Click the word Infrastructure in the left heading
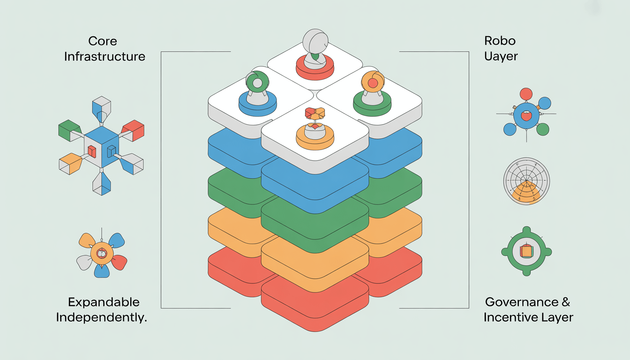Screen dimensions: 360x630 [105, 57]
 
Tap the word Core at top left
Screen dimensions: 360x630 [103, 41]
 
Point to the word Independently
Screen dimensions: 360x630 [102, 317]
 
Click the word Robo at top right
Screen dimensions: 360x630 [499, 41]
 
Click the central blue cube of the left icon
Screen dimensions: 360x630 [102, 146]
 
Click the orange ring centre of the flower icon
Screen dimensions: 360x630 [102, 254]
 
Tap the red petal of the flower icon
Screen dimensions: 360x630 [120, 262]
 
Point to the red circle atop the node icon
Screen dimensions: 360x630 [526, 94]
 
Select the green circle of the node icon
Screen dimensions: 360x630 [542, 129]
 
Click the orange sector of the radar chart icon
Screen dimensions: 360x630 [526, 194]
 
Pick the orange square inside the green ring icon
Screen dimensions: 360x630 [526, 252]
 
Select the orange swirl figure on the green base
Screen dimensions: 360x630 [373, 82]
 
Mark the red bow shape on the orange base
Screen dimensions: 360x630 [315, 114]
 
